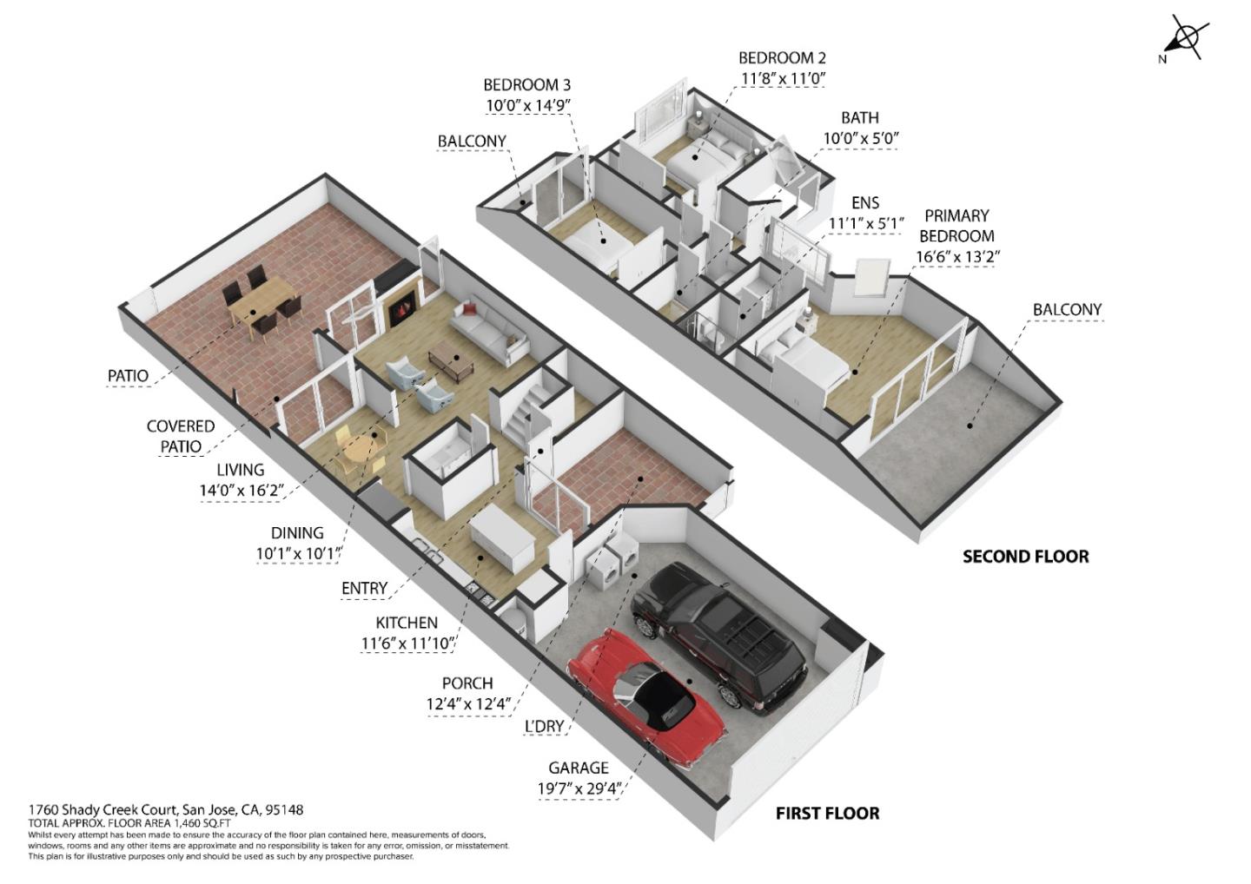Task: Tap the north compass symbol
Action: click(1184, 38)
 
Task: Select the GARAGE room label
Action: click(578, 768)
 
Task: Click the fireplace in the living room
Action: click(400, 308)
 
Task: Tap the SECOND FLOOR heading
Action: click(1025, 557)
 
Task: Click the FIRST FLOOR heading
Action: click(827, 814)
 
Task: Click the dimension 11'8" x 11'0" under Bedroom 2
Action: click(782, 79)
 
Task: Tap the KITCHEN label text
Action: click(407, 623)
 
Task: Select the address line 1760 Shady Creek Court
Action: click(166, 809)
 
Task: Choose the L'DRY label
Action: click(544, 727)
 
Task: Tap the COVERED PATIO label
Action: click(180, 436)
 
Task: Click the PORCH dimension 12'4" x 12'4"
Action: click(468, 704)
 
